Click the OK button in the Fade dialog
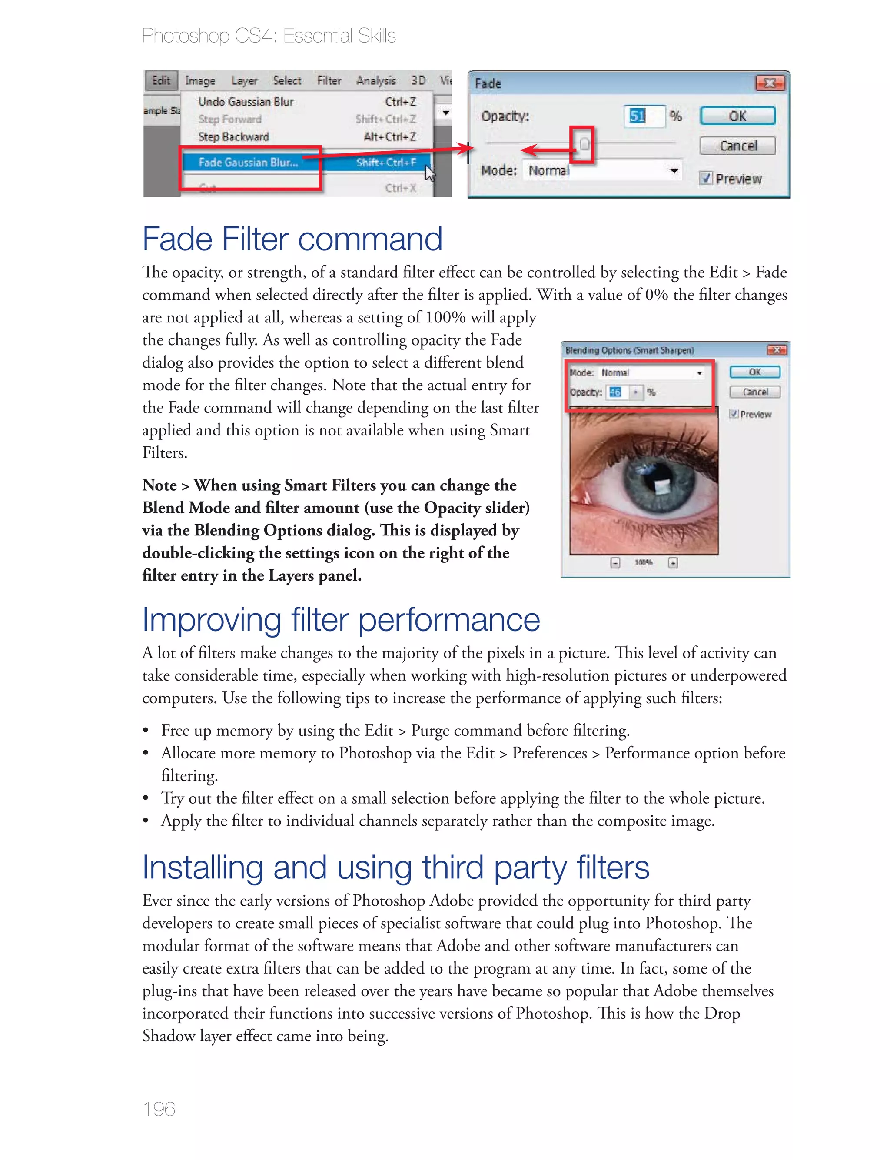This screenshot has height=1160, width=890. tap(737, 116)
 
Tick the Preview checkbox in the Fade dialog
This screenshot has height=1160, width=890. tap(706, 178)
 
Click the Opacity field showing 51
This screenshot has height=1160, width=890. tap(643, 116)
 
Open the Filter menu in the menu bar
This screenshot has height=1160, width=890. tap(329, 80)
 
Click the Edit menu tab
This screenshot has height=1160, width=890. tap(161, 80)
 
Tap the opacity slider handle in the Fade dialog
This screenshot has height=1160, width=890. tap(584, 143)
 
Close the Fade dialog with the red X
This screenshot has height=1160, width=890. tap(770, 83)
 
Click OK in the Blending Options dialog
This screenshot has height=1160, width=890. tap(755, 372)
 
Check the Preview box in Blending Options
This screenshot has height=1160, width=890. tap(734, 414)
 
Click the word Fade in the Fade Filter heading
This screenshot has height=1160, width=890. tap(177, 239)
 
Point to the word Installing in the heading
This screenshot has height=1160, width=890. tap(203, 868)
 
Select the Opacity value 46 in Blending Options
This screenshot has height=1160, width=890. tap(615, 392)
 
